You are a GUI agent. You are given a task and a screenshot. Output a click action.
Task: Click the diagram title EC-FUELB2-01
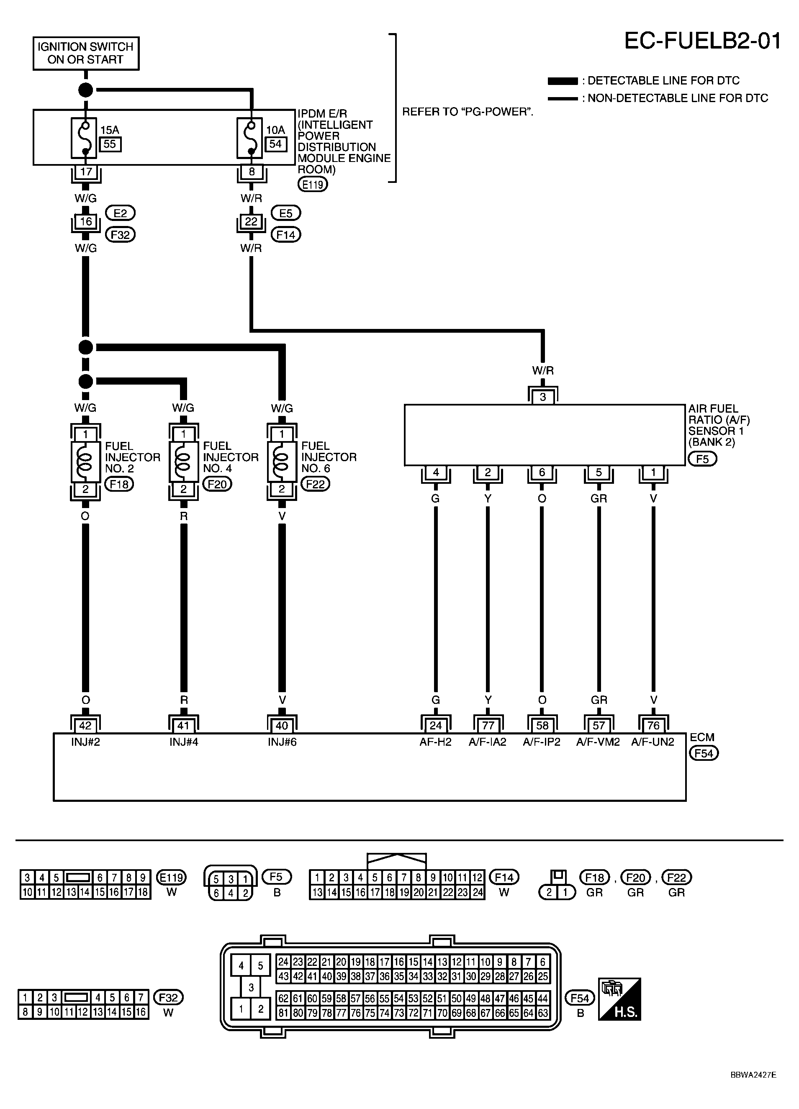(702, 41)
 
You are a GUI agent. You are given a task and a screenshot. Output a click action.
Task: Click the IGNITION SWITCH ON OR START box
(85, 53)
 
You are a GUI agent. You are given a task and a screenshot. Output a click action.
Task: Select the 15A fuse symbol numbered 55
(84, 137)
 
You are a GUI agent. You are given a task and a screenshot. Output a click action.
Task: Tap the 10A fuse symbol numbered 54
(250, 137)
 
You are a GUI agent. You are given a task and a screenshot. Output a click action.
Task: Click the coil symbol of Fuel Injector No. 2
(85, 462)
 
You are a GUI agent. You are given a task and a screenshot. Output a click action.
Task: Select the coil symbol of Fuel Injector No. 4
(183, 462)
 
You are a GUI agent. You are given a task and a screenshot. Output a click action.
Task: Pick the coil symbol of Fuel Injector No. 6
(282, 462)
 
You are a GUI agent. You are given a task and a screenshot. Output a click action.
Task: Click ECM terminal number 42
(85, 725)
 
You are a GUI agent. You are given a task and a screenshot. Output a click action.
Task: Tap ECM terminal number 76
(653, 725)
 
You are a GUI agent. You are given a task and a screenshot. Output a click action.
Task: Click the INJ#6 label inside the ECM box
(282, 742)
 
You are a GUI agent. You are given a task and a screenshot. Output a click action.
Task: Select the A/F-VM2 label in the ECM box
(598, 742)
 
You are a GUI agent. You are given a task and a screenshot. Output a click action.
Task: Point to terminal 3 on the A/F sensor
(543, 397)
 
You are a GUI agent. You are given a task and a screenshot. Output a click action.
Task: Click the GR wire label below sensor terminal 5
(599, 498)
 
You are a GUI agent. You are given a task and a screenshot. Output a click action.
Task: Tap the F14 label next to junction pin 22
(285, 235)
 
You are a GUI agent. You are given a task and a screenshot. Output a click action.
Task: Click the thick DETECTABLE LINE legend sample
(563, 81)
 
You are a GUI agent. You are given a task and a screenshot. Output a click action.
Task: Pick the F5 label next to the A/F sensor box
(702, 459)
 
